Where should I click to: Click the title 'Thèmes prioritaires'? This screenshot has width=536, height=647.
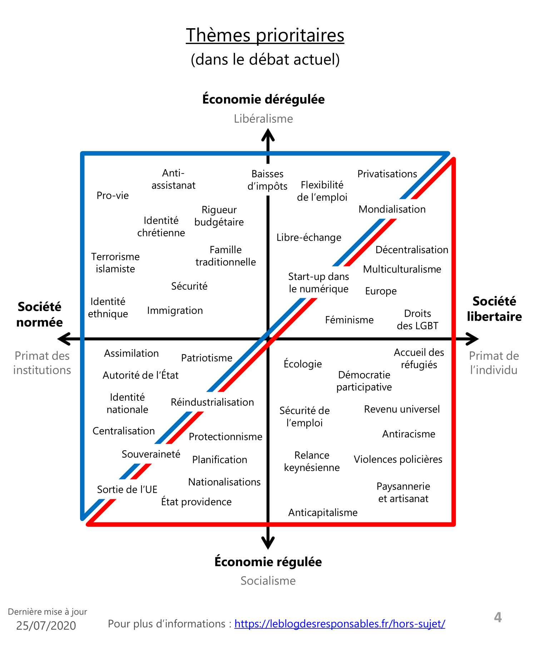(x=265, y=35)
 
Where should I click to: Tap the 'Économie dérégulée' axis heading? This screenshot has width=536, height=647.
(x=263, y=99)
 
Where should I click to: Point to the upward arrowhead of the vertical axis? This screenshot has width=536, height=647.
(x=268, y=135)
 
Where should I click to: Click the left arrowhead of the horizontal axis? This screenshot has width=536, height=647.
(x=64, y=339)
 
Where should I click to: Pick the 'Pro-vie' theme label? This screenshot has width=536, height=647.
(x=113, y=195)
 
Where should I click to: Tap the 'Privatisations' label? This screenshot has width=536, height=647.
(x=387, y=174)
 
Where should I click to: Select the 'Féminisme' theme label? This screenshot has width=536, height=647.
(x=349, y=320)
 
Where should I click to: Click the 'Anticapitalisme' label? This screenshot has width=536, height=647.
(x=323, y=513)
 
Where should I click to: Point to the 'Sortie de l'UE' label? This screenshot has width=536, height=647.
(x=127, y=490)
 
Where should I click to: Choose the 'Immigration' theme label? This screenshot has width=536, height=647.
(x=175, y=311)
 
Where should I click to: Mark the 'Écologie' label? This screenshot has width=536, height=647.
(x=303, y=364)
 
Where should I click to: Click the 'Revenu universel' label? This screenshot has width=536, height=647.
(x=402, y=409)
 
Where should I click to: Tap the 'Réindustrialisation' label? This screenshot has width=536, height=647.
(x=212, y=402)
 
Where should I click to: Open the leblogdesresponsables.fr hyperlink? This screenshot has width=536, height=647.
(x=339, y=624)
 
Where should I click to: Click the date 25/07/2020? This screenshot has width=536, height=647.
(x=46, y=626)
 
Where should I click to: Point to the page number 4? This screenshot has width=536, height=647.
(x=498, y=617)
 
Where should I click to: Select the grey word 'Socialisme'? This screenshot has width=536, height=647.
(x=268, y=581)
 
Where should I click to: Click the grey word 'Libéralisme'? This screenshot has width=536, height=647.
(x=263, y=119)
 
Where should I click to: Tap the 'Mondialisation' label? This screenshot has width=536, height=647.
(x=392, y=209)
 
